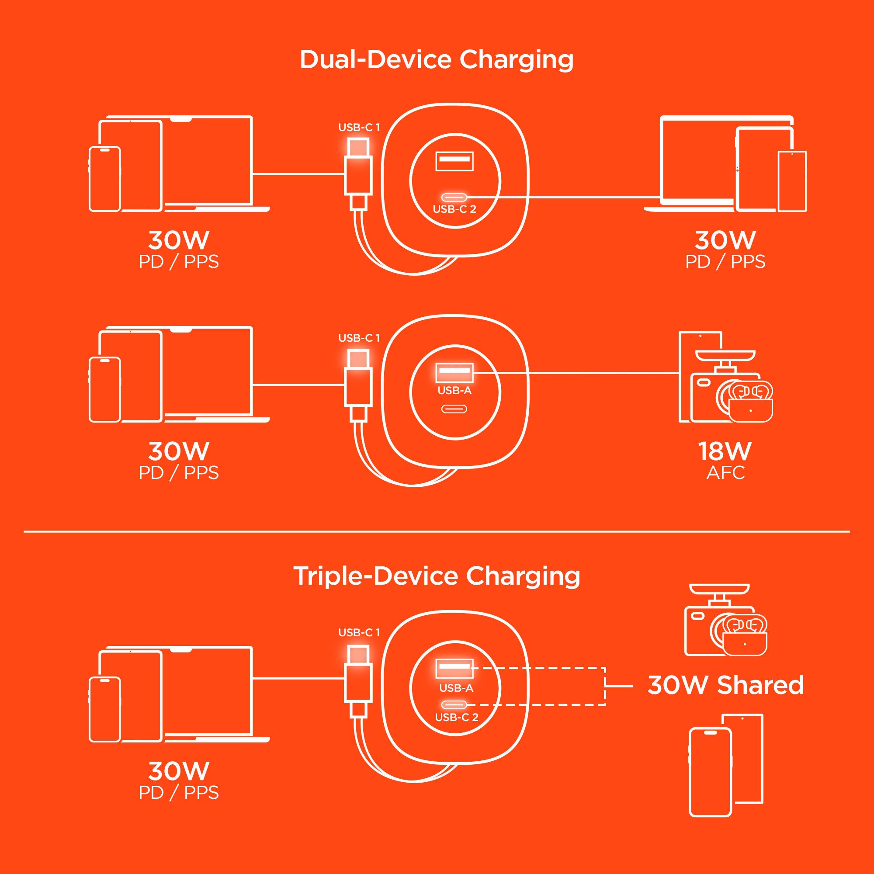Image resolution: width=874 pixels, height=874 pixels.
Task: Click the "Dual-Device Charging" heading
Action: (x=437, y=60)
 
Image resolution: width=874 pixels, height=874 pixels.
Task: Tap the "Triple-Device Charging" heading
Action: (x=437, y=577)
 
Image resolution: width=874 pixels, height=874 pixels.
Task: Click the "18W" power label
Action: (x=725, y=451)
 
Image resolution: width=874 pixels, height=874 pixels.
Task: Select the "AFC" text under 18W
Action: (x=725, y=473)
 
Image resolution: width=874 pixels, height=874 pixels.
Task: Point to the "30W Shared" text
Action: (x=725, y=685)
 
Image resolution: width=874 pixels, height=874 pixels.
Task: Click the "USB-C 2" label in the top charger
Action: (x=454, y=209)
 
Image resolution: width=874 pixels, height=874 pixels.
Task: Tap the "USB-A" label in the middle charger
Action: (x=454, y=390)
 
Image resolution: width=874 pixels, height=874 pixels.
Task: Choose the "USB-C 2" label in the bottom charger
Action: (x=457, y=717)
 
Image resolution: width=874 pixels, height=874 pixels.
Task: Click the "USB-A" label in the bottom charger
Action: (x=457, y=688)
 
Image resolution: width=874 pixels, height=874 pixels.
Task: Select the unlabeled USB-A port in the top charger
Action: (x=454, y=161)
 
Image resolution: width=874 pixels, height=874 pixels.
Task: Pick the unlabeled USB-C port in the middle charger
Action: (x=454, y=409)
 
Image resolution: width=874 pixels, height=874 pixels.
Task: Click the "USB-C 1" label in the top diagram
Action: (x=359, y=128)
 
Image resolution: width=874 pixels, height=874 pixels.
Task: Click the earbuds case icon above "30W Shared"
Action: (x=745, y=635)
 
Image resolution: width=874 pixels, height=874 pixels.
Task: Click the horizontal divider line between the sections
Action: (x=437, y=531)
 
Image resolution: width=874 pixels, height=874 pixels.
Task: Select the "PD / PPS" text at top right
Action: (x=725, y=262)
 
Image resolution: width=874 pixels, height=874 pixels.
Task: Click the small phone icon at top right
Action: (x=792, y=181)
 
